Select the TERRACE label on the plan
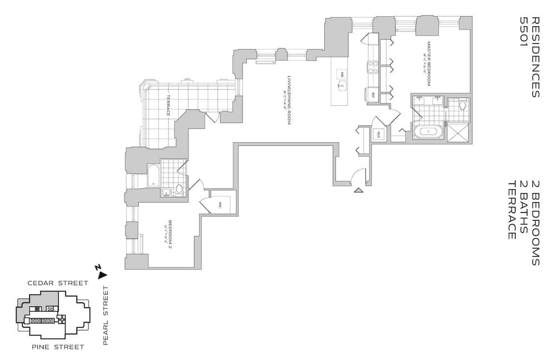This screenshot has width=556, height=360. (167, 106)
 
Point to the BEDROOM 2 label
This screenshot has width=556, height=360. (170, 234)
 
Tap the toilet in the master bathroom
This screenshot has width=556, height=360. (463, 105)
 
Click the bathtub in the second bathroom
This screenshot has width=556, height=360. (153, 176)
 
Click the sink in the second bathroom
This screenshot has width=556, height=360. (166, 192)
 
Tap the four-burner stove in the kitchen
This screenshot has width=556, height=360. (372, 67)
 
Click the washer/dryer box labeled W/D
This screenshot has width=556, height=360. (378, 134)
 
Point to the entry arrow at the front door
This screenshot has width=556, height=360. (359, 190)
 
